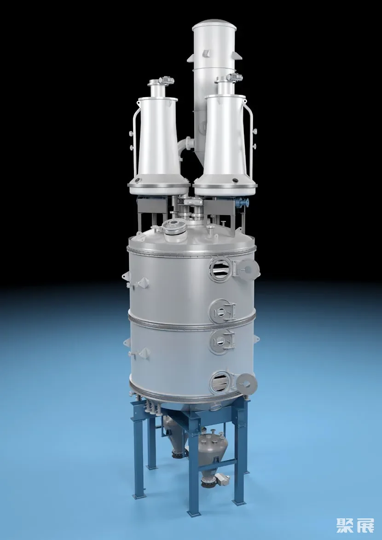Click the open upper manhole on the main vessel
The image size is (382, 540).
[x=221, y=268]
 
